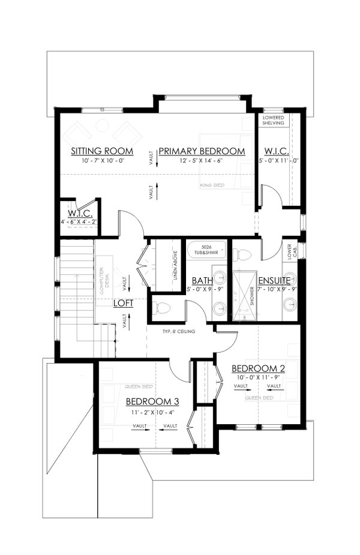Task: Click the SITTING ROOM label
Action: pyautogui.click(x=101, y=151)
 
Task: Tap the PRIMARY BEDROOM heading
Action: pyautogui.click(x=202, y=151)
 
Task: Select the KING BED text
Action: pyautogui.click(x=212, y=186)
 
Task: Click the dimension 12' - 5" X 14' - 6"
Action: pyautogui.click(x=202, y=161)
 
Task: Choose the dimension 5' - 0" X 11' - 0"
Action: pyautogui.click(x=278, y=161)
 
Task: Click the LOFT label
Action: pyautogui.click(x=123, y=303)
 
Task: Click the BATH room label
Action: pyautogui.click(x=201, y=280)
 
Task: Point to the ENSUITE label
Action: pyautogui.click(x=274, y=280)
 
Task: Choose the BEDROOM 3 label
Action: pyautogui.click(x=152, y=401)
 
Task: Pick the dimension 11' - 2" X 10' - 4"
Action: pyautogui.click(x=152, y=412)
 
